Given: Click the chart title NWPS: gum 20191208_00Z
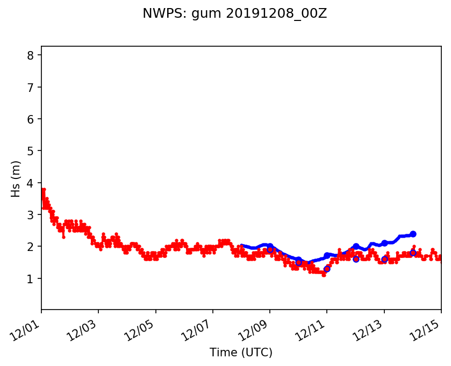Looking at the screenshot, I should coord(234,13).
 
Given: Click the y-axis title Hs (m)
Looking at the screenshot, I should coord(16,178).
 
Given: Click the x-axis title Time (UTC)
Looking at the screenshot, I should coord(241,353).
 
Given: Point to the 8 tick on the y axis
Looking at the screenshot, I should coord(31,55).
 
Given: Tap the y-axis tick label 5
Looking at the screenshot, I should coord(31,151).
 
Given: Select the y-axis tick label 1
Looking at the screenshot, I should coord(31,279).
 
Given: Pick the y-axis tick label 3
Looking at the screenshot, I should coord(31,215).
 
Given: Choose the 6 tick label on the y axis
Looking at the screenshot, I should coord(31,119).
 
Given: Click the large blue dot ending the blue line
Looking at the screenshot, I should coord(413,234).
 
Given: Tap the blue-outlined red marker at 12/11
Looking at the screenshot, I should coord(327,269).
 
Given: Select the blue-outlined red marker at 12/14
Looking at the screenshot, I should coord(413,253).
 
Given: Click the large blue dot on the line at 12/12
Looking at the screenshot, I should coord(356,246).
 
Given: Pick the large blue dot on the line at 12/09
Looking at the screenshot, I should coord(270,246).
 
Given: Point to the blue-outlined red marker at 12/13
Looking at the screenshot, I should coord(384,259).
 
